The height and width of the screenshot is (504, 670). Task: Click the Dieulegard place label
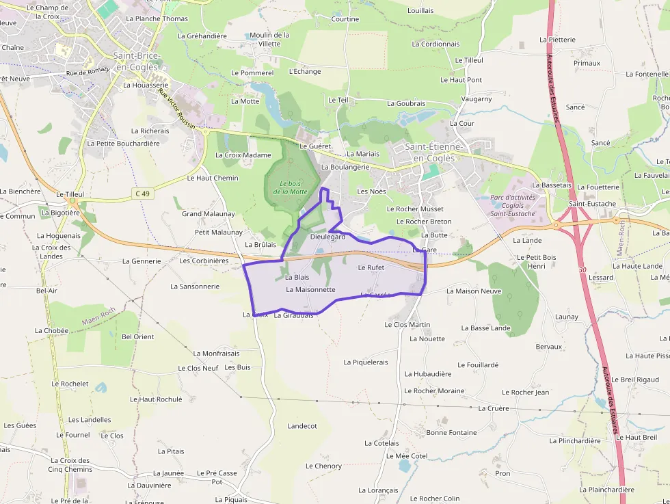click(327, 237)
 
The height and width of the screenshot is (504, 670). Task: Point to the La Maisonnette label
click(310, 289)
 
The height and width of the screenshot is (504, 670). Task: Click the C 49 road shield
click(142, 194)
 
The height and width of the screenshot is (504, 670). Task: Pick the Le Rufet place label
click(371, 267)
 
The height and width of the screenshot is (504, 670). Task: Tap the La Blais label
click(297, 277)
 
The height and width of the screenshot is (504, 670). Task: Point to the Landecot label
click(302, 425)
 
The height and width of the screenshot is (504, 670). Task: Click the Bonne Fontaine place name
click(451, 432)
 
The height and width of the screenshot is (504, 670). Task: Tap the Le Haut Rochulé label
click(156, 399)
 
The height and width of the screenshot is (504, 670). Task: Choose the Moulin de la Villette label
click(269, 39)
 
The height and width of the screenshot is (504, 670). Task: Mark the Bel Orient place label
click(138, 336)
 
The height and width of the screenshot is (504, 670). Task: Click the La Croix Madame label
click(243, 155)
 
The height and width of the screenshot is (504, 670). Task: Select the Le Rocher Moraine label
click(434, 391)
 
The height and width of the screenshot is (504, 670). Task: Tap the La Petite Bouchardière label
click(123, 144)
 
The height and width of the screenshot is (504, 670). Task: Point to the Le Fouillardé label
click(478, 365)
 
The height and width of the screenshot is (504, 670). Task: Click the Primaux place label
click(587, 63)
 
